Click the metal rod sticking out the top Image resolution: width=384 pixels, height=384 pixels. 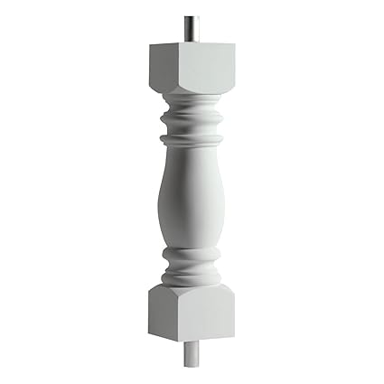click(x=189, y=27)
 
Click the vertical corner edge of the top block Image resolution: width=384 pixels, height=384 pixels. click(x=177, y=69)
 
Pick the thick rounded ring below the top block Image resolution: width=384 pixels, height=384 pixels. click(x=191, y=118)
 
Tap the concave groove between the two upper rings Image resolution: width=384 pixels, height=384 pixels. click(x=191, y=130)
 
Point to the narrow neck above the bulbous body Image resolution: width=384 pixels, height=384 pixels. click(x=191, y=152)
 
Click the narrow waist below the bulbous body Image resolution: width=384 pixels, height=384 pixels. click(x=191, y=248)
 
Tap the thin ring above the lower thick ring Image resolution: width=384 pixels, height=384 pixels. click(x=191, y=258)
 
